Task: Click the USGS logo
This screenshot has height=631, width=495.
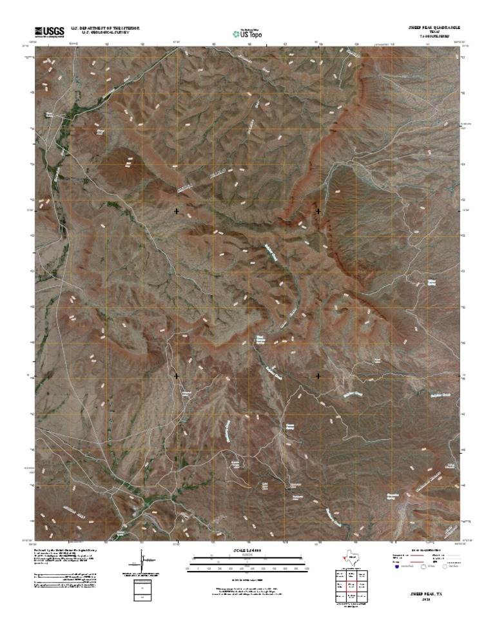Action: [x=49, y=31]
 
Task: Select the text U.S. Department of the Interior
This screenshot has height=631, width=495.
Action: [x=106, y=28]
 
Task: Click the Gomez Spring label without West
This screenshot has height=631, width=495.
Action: [x=289, y=427]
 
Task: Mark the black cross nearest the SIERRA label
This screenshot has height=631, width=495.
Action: [x=177, y=211]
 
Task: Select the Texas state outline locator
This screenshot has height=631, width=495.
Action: [x=352, y=556]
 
